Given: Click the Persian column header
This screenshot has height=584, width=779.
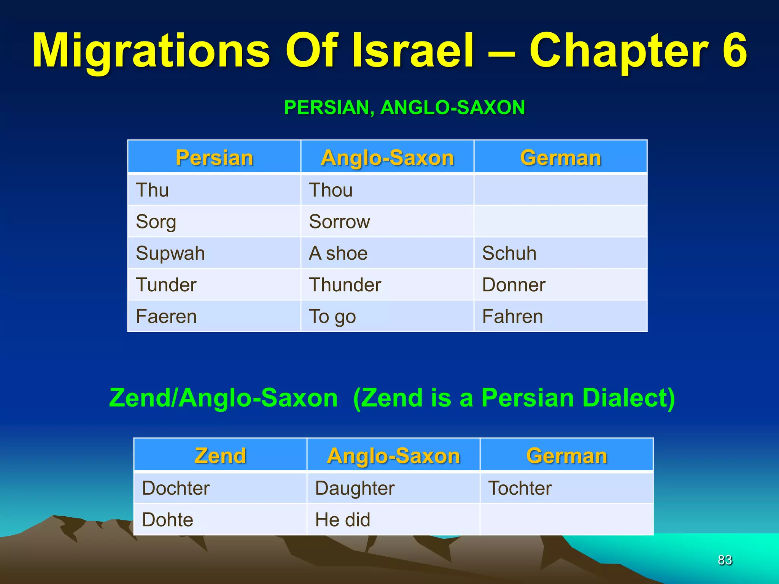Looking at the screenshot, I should coord(214,157).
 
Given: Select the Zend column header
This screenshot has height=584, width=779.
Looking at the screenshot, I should coord(220,455).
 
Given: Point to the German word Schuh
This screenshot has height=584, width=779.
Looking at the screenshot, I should coord(509,253).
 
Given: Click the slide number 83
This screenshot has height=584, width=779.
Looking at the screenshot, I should coord(725,560).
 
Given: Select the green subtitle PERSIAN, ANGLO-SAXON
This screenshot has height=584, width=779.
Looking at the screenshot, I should coord(404,107).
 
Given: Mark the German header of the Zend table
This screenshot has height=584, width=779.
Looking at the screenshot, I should coord(566,455).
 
